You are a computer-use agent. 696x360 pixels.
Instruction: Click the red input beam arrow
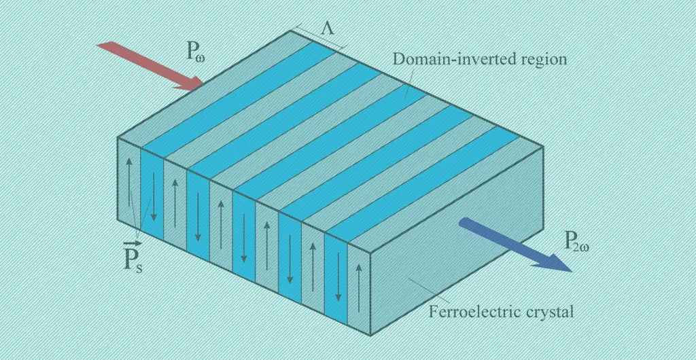click(x=150, y=66)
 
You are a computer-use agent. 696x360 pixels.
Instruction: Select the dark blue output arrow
click(x=515, y=245)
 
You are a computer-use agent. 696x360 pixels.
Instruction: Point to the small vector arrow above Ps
click(x=132, y=243)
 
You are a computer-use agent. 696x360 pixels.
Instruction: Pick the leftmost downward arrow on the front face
click(x=153, y=196)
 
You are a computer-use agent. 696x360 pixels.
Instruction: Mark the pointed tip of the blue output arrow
click(x=572, y=271)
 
